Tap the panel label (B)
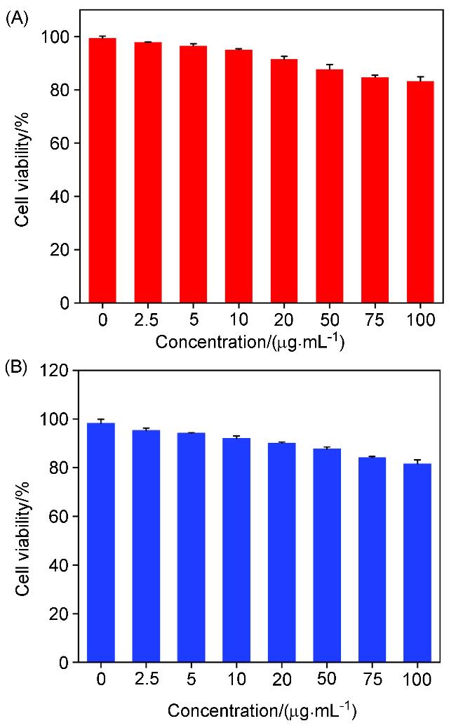(17, 366)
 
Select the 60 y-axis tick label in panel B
(60, 517)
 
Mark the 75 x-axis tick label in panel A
(374, 320)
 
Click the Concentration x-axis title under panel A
(251, 343)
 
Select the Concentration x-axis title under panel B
(262, 710)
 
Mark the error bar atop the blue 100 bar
(417, 461)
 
